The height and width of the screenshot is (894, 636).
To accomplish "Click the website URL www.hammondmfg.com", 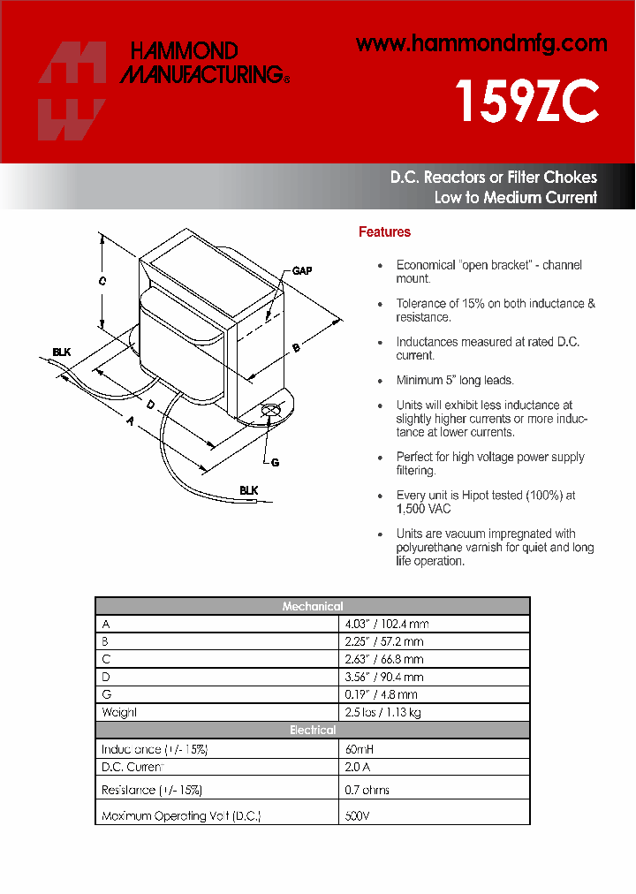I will [x=481, y=43].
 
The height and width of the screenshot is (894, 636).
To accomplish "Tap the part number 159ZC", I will [x=526, y=103].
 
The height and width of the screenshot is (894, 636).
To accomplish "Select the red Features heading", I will [x=384, y=232].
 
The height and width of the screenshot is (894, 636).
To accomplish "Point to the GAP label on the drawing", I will [x=302, y=271].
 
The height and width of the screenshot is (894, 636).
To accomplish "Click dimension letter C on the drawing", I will [x=102, y=281].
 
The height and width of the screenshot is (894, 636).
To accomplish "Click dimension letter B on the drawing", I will [x=296, y=348].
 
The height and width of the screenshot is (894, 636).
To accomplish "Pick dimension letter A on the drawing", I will [x=131, y=422].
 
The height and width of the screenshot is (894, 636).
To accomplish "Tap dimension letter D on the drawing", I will [x=151, y=405].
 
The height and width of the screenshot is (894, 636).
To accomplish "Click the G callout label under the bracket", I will [x=275, y=462].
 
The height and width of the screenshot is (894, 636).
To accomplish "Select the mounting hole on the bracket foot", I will [x=272, y=409].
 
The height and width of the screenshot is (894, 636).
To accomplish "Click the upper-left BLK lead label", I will [x=61, y=352].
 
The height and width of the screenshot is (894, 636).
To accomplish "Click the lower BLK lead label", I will [x=248, y=489].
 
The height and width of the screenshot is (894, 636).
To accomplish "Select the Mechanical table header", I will [x=313, y=606].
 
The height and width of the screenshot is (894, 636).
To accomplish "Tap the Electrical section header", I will [x=313, y=730].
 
